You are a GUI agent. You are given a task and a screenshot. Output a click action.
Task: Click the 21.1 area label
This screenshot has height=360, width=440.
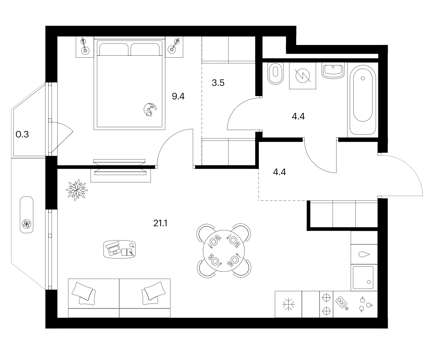click(x=160, y=223)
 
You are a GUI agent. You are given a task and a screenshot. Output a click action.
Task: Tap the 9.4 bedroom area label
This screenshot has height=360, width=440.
click(x=178, y=97)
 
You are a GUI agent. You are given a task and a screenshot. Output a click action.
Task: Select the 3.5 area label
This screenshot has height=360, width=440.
click(x=218, y=83)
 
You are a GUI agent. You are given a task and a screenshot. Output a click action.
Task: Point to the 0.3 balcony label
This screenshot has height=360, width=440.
click(x=22, y=135)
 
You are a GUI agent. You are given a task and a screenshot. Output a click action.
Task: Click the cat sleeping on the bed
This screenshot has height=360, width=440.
click(x=150, y=110)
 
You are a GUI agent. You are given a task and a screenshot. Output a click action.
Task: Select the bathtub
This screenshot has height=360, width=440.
click(x=363, y=100)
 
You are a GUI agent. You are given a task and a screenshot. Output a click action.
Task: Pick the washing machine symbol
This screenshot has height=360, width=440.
click(x=303, y=76)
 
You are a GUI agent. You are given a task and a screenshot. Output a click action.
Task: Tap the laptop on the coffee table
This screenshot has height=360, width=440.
click(x=113, y=248)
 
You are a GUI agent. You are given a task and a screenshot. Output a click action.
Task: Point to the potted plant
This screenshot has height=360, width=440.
click(x=76, y=190)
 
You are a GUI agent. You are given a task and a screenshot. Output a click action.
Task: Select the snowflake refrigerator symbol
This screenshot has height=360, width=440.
click(x=288, y=304)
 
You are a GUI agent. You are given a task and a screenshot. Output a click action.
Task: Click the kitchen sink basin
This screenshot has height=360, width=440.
click(x=363, y=278)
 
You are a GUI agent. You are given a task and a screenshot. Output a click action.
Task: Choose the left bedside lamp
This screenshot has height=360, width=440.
click(x=84, y=47)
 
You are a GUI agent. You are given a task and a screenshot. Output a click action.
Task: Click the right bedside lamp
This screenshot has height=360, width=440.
click(x=173, y=47)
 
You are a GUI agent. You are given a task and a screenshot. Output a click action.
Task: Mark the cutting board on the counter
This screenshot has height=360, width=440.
click(x=342, y=303)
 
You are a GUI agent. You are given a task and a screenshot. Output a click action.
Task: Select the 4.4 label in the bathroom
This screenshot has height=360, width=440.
click(x=298, y=116)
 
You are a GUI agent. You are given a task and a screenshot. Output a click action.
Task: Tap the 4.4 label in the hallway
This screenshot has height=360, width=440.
click(x=279, y=172)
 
